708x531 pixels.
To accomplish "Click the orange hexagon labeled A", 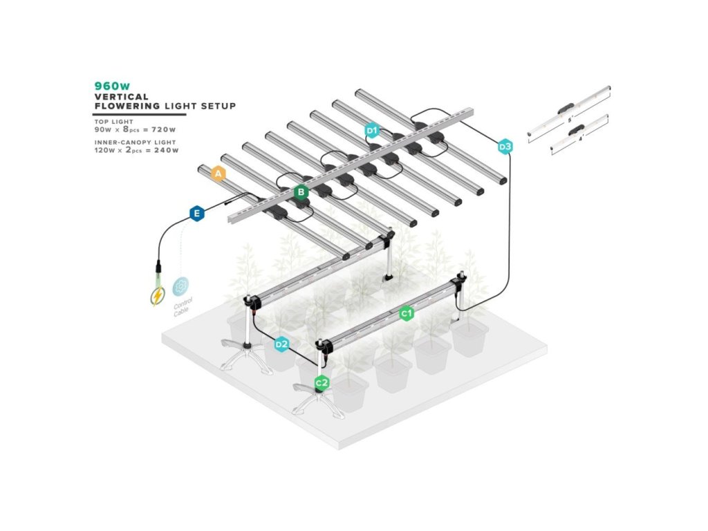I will point(218,174).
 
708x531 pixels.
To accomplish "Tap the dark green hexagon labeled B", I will point(301,192).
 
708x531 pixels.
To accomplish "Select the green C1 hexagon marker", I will point(407,313).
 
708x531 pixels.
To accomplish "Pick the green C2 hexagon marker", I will point(322,382).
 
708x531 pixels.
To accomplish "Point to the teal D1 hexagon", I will point(372,130).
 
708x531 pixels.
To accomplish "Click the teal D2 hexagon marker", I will point(281,344).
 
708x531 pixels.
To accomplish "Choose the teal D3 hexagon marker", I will point(505,147).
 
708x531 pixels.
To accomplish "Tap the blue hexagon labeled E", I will point(198,214).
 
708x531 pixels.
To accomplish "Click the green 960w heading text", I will point(112,86).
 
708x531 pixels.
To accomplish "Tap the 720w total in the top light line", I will point(165,129).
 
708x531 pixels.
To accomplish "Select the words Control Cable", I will point(184,306).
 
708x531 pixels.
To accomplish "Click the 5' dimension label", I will point(570,120).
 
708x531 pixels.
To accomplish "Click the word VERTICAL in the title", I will point(118,97).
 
